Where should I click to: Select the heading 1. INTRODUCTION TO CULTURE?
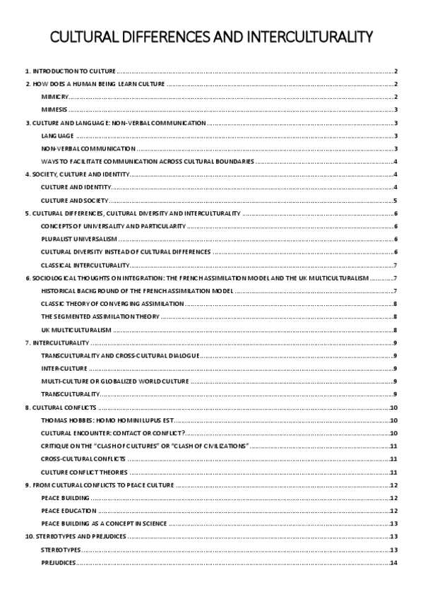pyautogui.click(x=70, y=71)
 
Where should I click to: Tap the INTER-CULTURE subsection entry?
pyautogui.click(x=64, y=369)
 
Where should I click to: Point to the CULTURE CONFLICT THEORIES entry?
pyautogui.click(x=84, y=472)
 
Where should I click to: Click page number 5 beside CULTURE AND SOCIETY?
pyautogui.click(x=396, y=200)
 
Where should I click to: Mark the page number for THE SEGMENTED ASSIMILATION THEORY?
pyautogui.click(x=396, y=316)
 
